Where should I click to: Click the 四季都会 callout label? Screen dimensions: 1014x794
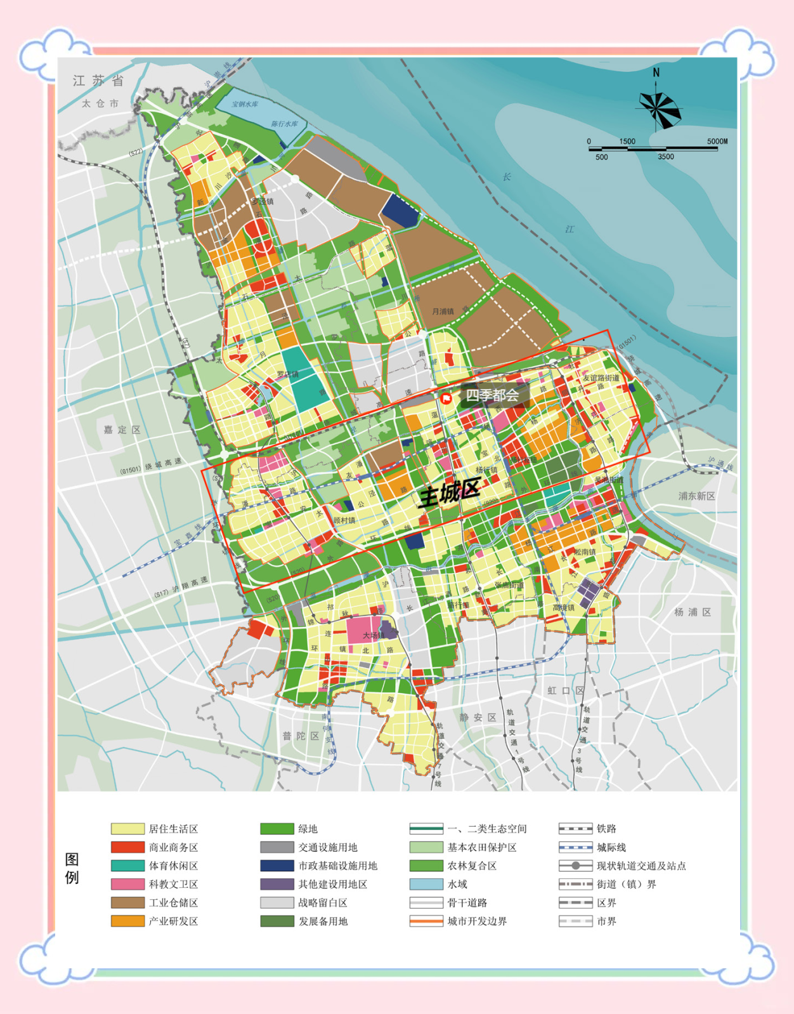(x=493, y=395)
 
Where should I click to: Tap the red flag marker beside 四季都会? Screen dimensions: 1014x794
(x=446, y=398)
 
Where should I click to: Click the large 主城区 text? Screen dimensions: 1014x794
(x=449, y=492)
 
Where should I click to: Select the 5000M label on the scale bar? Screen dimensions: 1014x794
(x=717, y=142)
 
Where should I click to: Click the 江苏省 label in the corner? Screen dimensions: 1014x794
(x=98, y=81)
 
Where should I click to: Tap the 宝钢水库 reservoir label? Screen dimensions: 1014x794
(x=245, y=104)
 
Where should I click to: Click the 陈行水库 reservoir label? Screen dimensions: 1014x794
(x=284, y=124)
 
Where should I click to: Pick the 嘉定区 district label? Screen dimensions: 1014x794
(x=122, y=430)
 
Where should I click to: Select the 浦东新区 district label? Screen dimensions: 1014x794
(x=696, y=496)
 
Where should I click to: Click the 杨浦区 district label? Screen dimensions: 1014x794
(x=693, y=612)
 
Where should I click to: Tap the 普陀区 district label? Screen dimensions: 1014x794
(x=301, y=735)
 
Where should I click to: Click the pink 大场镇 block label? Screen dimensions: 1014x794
(x=374, y=635)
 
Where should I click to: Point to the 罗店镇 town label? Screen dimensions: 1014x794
(x=287, y=374)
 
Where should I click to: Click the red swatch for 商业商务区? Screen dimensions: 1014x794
(x=127, y=847)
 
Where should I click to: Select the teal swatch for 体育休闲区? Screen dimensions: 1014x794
(x=127, y=866)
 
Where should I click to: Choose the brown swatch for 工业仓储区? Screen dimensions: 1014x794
(x=127, y=902)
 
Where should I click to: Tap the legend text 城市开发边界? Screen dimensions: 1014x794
(x=477, y=921)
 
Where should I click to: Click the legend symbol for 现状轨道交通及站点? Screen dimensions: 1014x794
(x=575, y=866)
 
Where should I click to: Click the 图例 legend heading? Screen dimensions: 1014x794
(x=72, y=869)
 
